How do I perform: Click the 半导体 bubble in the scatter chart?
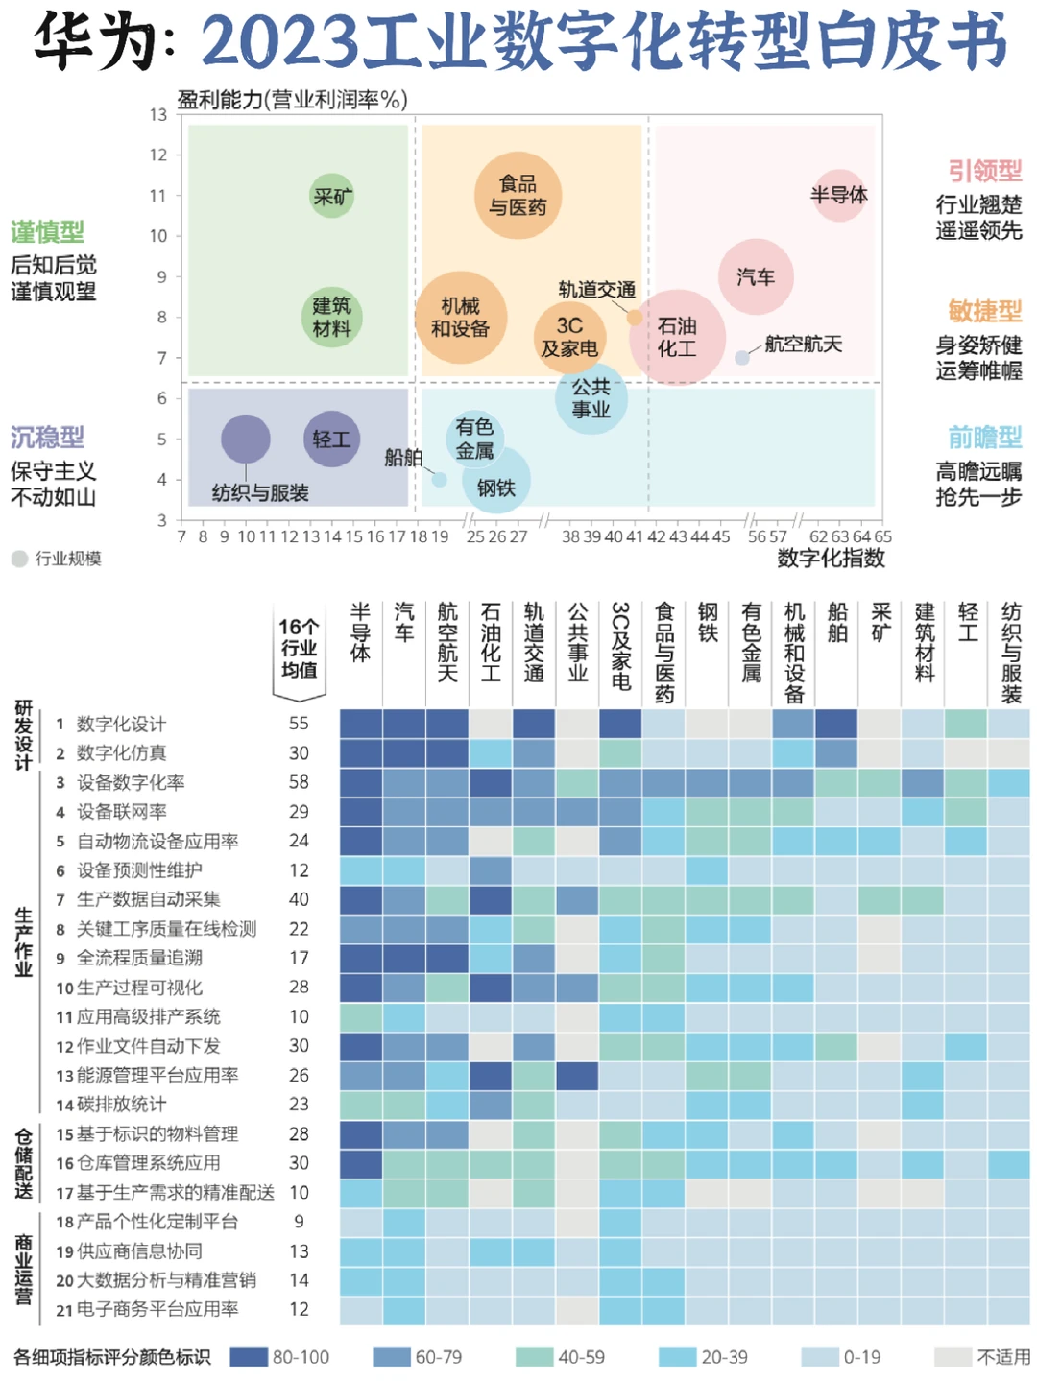838,195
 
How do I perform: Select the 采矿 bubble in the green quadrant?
332,196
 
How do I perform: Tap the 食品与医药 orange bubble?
518,195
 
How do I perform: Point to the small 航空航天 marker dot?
741,358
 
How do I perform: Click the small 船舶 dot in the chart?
439,479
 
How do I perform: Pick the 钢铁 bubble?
495,480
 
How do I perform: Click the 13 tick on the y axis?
158,115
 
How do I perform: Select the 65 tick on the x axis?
882,536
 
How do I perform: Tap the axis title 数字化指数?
831,559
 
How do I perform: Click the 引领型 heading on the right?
984,172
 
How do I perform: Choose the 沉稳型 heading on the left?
47,438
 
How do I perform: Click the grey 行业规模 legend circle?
19,559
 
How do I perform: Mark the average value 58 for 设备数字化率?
299,782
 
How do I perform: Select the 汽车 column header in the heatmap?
404,623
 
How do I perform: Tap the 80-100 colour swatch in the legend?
249,1357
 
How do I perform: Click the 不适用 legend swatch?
953,1357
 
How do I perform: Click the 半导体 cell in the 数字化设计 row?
360,724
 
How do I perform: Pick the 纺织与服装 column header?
1011,653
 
